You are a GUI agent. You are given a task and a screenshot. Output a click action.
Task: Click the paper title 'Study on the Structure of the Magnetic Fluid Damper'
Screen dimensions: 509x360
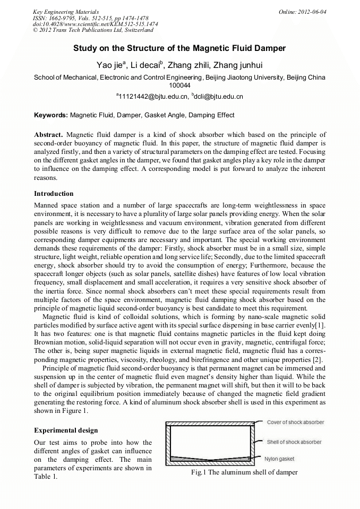tap(179, 48)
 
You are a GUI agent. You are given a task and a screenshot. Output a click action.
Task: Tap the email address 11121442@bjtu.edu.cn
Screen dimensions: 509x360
tap(153, 97)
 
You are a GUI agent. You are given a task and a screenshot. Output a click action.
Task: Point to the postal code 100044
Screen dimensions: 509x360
tap(179, 85)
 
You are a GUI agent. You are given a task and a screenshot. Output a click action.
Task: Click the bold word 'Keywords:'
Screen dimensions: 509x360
tap(51, 115)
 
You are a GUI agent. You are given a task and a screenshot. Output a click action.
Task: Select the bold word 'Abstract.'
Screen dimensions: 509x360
tap(48, 135)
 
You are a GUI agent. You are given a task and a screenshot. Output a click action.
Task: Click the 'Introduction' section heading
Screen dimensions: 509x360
tap(54, 193)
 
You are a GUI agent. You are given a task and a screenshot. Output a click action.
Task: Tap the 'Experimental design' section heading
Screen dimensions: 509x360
tap(65, 430)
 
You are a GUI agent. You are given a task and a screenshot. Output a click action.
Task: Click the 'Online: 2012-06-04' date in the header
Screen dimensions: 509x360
tap(303, 11)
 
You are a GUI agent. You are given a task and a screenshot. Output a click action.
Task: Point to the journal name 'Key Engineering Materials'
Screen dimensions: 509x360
tap(66, 11)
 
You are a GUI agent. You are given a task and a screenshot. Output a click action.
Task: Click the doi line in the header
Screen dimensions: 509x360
tap(95, 24)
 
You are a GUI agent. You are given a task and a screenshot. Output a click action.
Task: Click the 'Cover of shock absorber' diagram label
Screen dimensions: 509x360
tap(295, 422)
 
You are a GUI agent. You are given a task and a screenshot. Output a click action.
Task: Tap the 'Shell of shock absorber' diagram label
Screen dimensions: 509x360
tap(294, 442)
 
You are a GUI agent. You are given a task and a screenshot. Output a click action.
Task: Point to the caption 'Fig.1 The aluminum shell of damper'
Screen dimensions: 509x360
tap(244, 472)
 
